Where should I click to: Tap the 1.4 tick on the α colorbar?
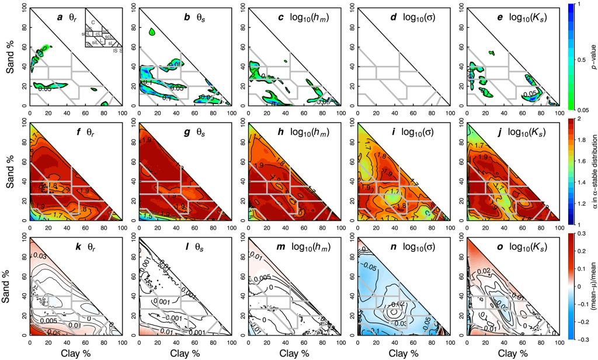point(582,183)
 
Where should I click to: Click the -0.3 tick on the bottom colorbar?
point(582,340)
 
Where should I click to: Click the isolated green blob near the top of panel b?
point(153,33)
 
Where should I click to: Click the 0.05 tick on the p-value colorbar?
point(582,109)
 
